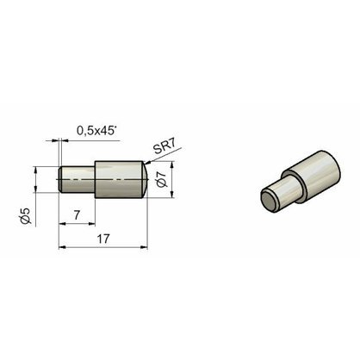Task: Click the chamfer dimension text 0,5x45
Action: (96, 131)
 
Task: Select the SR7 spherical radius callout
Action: (164, 147)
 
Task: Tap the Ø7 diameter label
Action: (162, 180)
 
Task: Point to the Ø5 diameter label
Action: (26, 215)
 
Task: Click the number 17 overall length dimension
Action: (103, 239)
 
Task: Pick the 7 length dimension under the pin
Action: (77, 215)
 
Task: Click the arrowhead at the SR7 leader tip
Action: (147, 163)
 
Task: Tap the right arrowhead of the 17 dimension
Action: (144, 247)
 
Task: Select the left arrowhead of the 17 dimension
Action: (63, 247)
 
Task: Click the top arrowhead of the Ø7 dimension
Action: (172, 165)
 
